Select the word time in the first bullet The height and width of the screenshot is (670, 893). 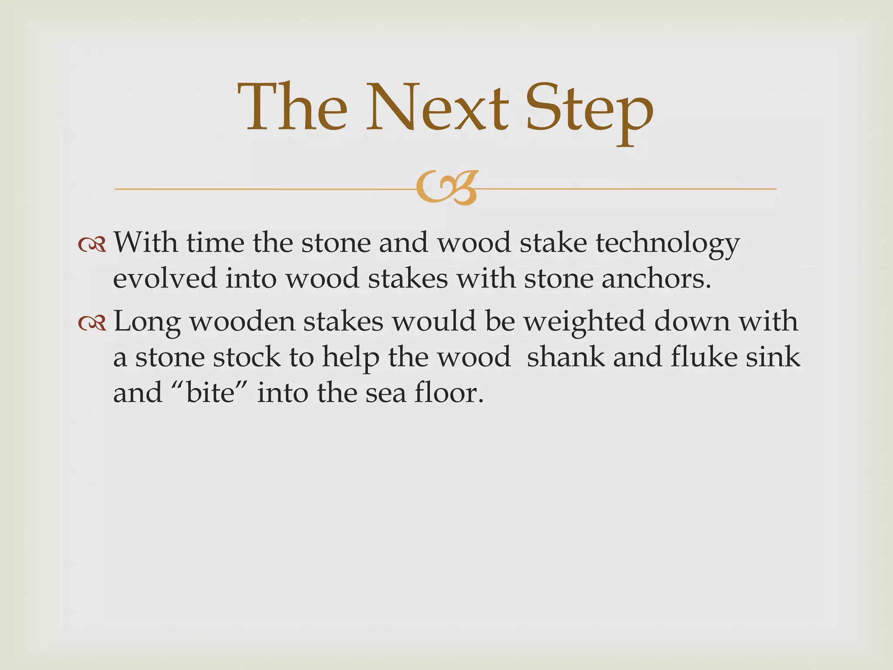(x=215, y=243)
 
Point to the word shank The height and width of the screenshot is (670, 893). (x=566, y=357)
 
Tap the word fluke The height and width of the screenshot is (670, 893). (x=704, y=357)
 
